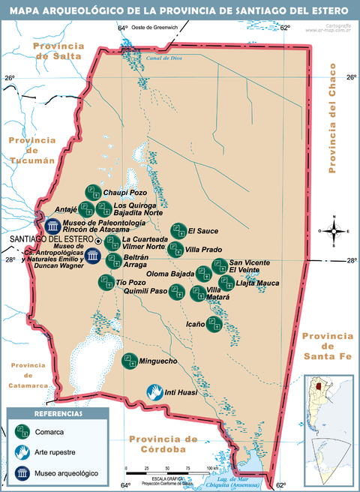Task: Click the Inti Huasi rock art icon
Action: click(153, 391)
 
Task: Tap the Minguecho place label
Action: click(160, 361)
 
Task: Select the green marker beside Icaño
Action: click(214, 325)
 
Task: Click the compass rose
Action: click(334, 231)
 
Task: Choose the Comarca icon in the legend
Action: click(22, 432)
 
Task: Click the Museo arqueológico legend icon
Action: click(22, 473)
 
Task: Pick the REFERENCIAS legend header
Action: click(58, 413)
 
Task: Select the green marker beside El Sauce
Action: click(178, 231)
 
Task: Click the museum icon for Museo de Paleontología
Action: click(52, 226)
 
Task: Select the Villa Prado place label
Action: click(203, 249)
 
